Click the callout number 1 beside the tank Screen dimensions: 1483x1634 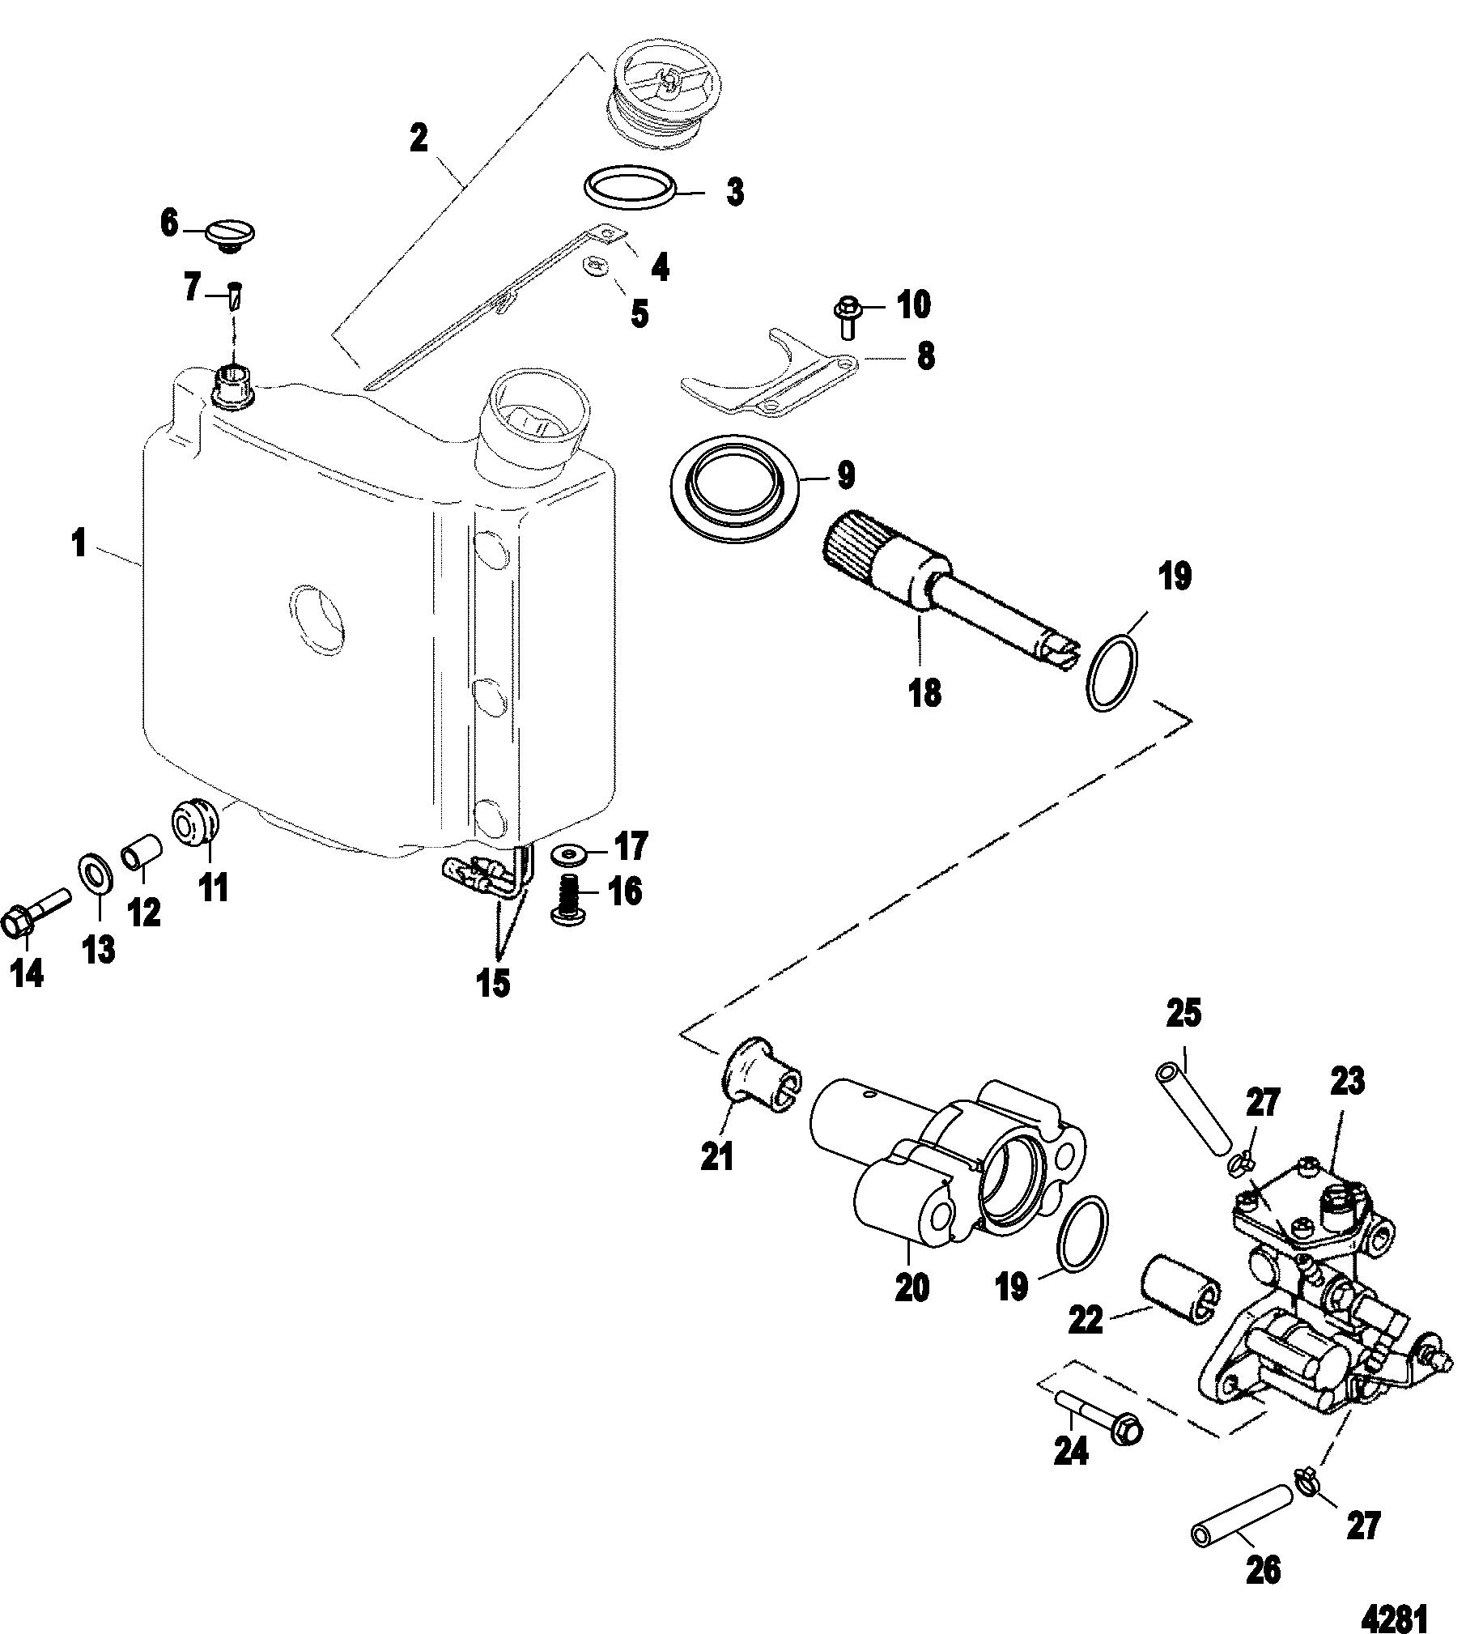tap(79, 544)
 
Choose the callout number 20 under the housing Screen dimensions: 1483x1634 tap(911, 1287)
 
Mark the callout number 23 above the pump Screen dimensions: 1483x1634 tap(1346, 1081)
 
